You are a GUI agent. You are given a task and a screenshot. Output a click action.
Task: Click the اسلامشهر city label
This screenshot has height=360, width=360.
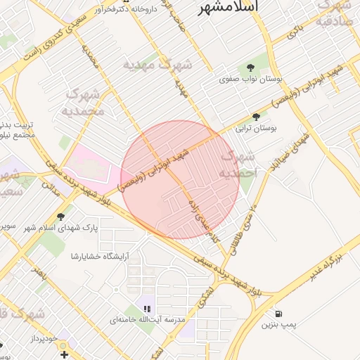(x=228, y=6)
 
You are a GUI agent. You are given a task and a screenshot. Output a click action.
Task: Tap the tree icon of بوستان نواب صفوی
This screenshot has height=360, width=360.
(x=251, y=67)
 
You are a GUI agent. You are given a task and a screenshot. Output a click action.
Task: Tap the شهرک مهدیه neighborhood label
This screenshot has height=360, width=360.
(x=158, y=65)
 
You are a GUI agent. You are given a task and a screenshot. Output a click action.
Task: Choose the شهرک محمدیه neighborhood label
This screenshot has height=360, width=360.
(x=84, y=102)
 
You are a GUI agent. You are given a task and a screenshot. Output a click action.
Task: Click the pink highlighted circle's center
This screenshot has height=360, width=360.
(x=180, y=180)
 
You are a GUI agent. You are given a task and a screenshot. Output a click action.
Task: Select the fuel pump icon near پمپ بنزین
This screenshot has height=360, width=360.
(x=280, y=313)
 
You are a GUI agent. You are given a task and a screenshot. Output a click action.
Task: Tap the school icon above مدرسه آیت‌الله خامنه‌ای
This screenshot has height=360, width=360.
(x=147, y=308)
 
